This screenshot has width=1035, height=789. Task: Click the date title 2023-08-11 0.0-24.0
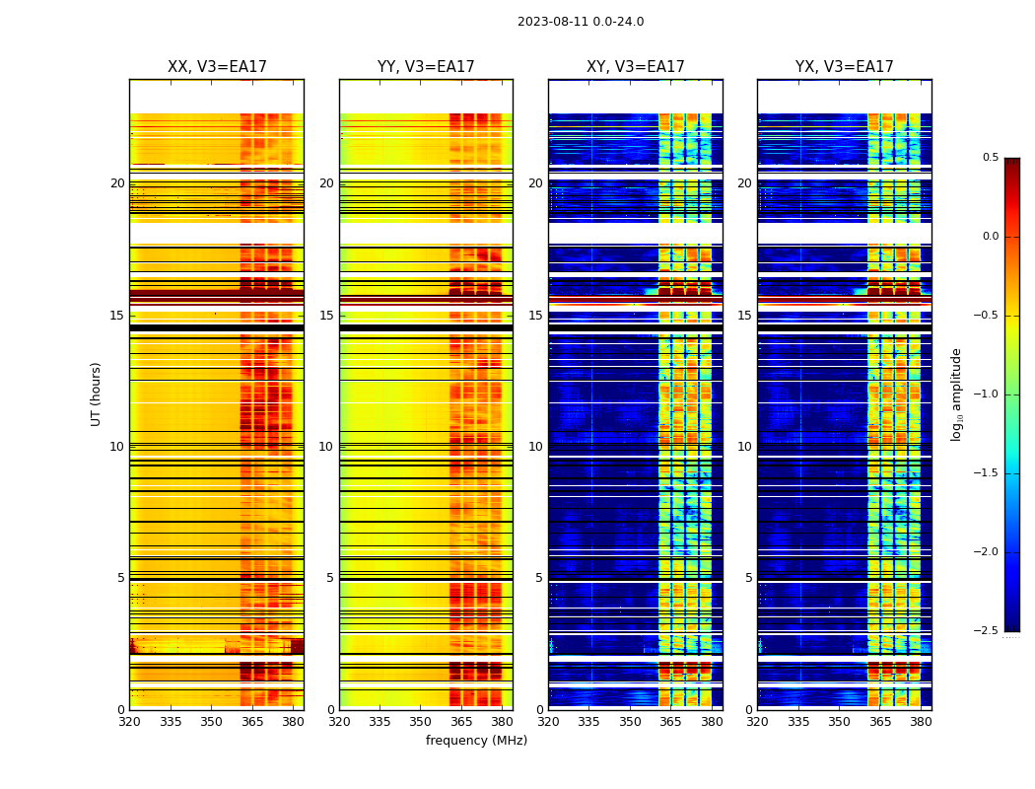(x=581, y=22)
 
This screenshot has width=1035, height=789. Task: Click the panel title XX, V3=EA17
(x=217, y=67)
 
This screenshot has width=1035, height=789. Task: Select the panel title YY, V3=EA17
(x=426, y=67)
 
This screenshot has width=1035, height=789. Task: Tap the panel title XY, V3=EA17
(x=636, y=67)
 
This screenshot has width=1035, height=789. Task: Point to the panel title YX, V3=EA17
(x=845, y=67)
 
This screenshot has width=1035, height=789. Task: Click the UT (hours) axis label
(x=97, y=394)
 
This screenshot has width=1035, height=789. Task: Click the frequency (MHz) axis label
(x=476, y=741)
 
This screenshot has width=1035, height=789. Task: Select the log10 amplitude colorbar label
(x=956, y=394)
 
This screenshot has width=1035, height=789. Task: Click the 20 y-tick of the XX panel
(x=117, y=183)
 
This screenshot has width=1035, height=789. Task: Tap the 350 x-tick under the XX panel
(x=211, y=722)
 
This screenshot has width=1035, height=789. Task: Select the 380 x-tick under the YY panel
(x=502, y=722)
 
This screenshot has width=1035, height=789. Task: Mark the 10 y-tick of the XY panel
(x=536, y=447)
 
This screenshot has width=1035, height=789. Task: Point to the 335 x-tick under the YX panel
(x=798, y=722)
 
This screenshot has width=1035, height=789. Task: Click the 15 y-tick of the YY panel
(x=326, y=316)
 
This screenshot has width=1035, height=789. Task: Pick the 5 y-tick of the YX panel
(x=748, y=578)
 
